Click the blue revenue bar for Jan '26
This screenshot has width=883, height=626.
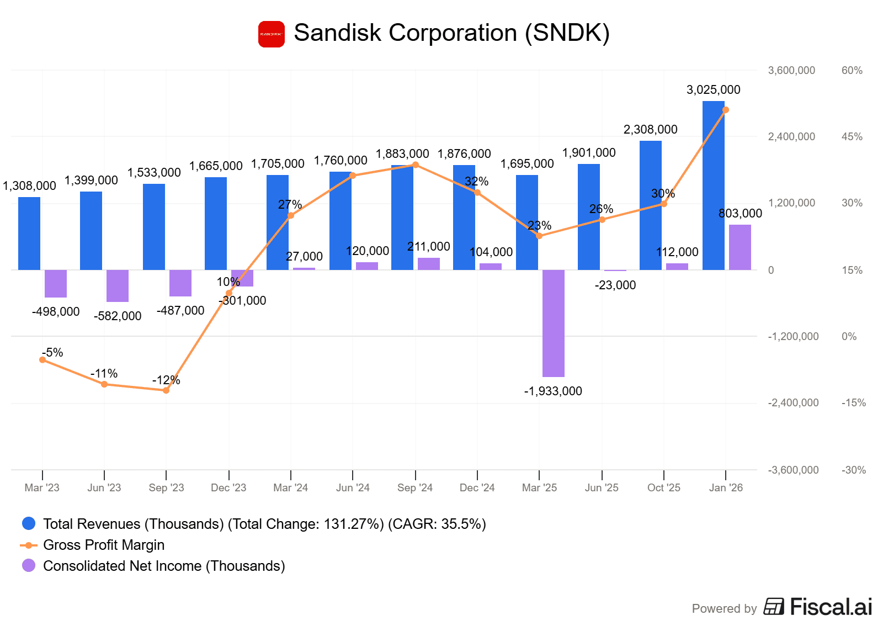click(713, 185)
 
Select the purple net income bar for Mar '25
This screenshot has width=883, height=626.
click(553, 323)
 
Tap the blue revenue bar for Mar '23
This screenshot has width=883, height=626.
click(29, 234)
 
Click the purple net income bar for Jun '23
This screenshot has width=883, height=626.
click(118, 285)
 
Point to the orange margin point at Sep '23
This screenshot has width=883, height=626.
click(166, 390)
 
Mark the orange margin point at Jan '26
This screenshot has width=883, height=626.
click(726, 110)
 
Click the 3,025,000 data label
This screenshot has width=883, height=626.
click(713, 89)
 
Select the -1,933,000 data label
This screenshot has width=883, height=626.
click(553, 391)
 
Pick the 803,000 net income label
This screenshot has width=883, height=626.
click(740, 213)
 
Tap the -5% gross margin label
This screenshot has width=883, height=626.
click(53, 352)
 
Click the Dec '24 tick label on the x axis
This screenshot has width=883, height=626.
click(477, 487)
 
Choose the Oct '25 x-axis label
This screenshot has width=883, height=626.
click(663, 487)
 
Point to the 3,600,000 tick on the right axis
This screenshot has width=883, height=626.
click(791, 70)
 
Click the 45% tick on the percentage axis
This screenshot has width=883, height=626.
click(852, 136)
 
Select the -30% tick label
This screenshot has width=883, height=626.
click(853, 470)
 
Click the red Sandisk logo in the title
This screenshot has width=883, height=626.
click(272, 34)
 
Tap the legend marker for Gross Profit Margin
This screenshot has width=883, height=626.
click(28, 545)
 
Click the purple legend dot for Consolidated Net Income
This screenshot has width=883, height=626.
click(28, 565)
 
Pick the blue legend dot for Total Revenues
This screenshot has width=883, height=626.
click(28, 523)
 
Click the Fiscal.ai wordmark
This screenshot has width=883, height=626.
click(831, 607)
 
